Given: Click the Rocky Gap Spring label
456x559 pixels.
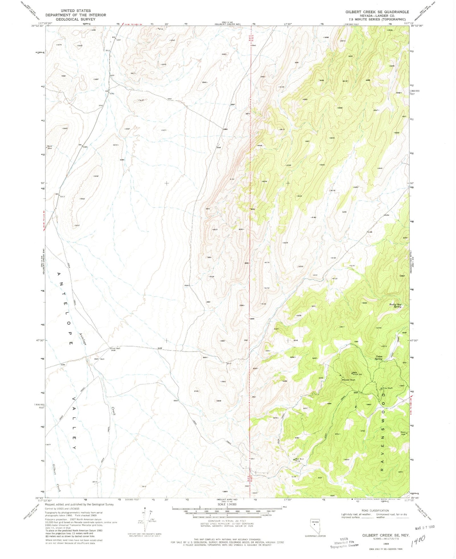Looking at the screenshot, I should tap(395, 306).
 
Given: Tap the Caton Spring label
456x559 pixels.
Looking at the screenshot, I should tap(378, 357).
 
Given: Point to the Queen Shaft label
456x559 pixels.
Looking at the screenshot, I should tap(349, 380).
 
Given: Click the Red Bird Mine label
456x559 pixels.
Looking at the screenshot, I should tap(299, 460).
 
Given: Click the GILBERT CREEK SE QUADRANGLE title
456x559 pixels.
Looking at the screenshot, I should tap(377, 12).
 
